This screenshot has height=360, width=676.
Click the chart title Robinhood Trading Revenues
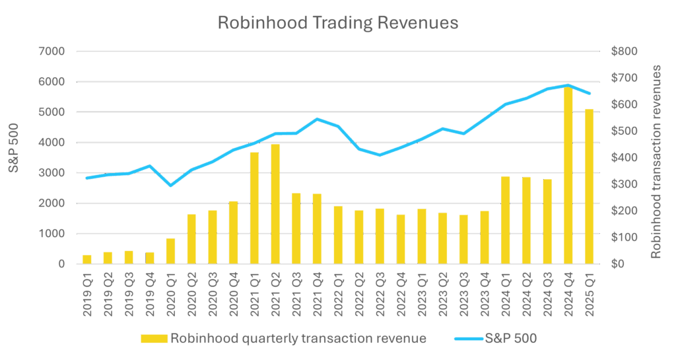point(337,23)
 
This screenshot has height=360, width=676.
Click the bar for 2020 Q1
point(170,251)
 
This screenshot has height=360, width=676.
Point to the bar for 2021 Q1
point(253,208)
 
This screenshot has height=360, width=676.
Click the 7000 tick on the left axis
point(53,51)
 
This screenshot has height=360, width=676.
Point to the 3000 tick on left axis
point(53,173)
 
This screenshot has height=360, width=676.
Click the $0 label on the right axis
point(618,264)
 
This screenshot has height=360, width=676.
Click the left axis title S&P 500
point(14,157)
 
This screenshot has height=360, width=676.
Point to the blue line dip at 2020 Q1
point(170,185)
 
